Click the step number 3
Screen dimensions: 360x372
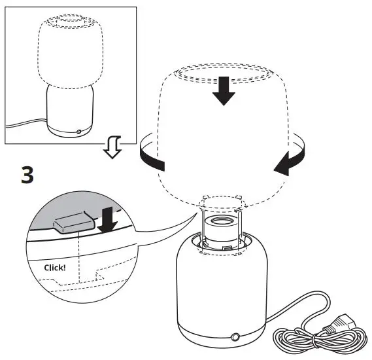point(27,175)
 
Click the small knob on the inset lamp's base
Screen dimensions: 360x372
point(79,132)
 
